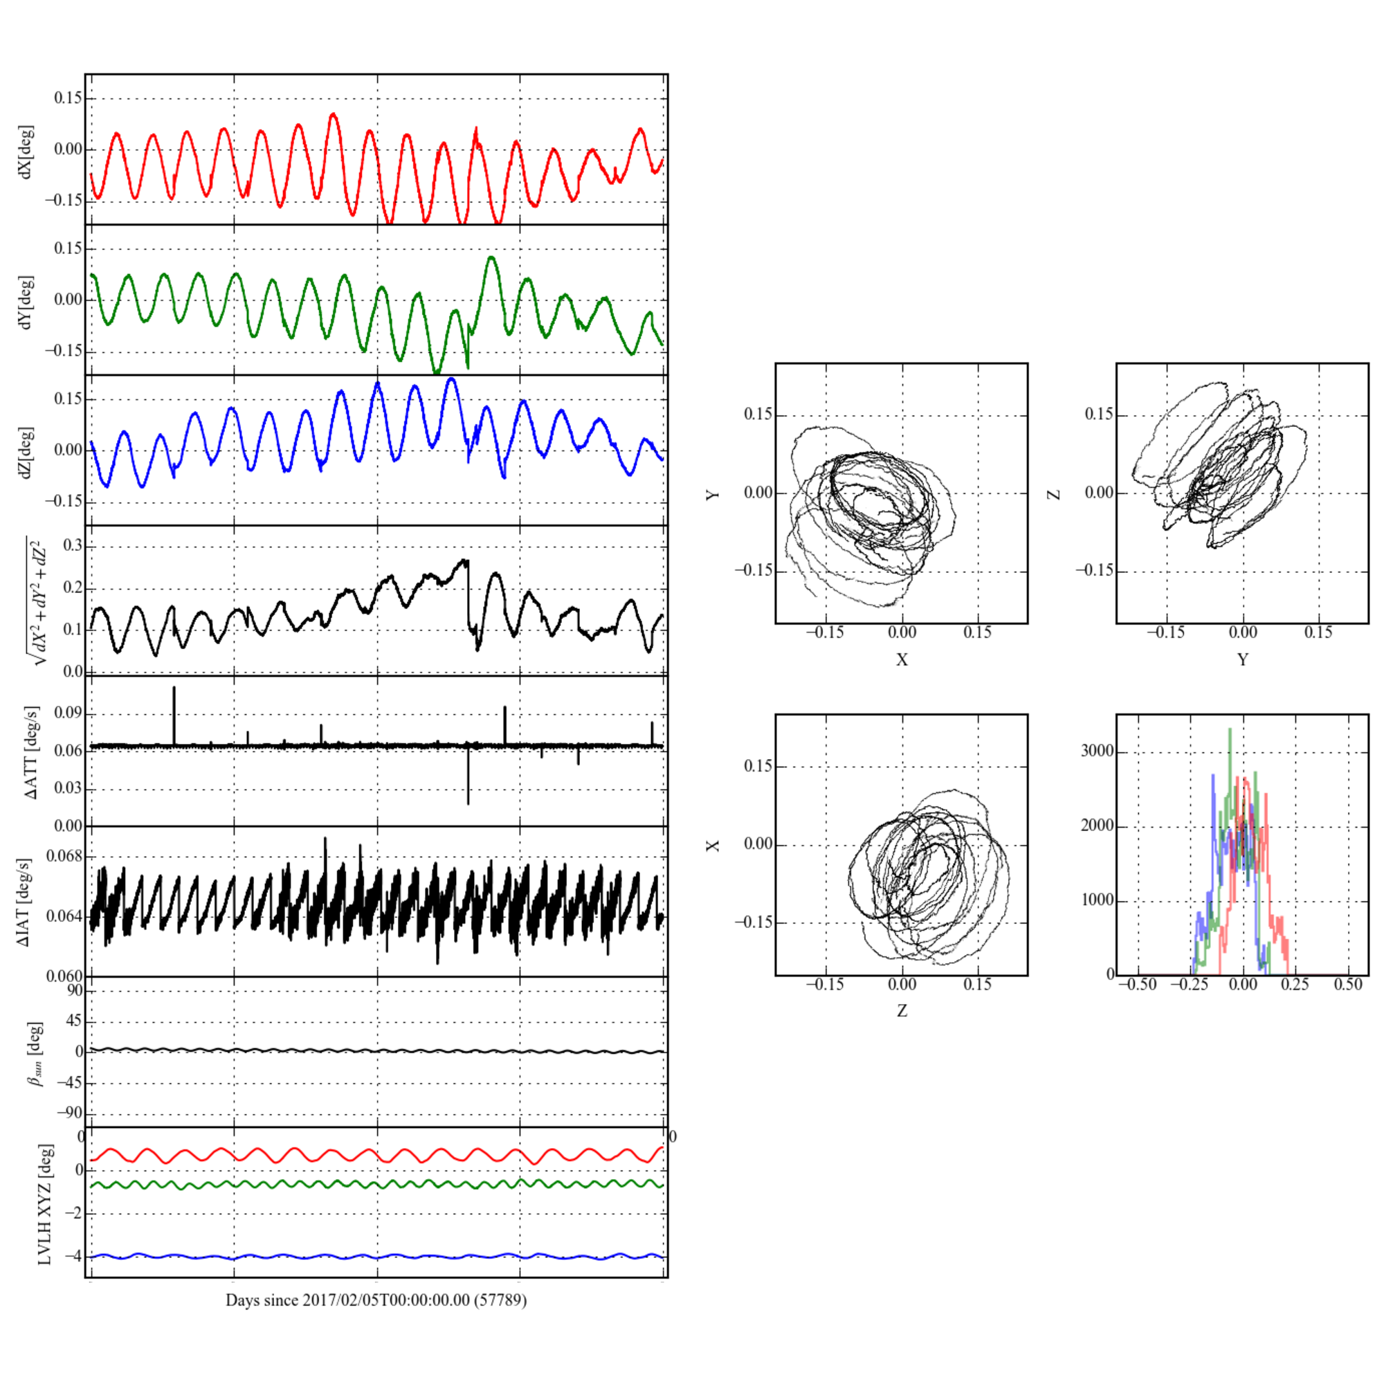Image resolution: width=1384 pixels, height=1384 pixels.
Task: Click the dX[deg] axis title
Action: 26,151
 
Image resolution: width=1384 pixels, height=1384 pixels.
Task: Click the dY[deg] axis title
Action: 26,302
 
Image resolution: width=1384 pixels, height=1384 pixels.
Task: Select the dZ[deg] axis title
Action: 26,452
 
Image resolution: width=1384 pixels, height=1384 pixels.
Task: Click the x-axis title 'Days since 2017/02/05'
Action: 376,1300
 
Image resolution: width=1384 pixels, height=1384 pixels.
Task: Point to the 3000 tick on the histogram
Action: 1098,752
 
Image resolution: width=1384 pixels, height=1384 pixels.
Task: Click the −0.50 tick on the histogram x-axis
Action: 1138,984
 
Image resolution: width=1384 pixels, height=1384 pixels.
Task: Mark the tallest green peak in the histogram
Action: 1230,730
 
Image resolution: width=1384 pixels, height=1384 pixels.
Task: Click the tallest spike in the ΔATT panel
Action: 174,688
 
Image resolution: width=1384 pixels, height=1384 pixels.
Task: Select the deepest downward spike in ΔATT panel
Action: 468,803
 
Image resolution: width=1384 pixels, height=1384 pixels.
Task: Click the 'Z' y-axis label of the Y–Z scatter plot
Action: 1054,493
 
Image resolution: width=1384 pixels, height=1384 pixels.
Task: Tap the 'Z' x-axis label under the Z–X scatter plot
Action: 902,1011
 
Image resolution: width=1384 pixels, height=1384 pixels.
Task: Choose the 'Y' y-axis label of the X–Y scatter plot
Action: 713,494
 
